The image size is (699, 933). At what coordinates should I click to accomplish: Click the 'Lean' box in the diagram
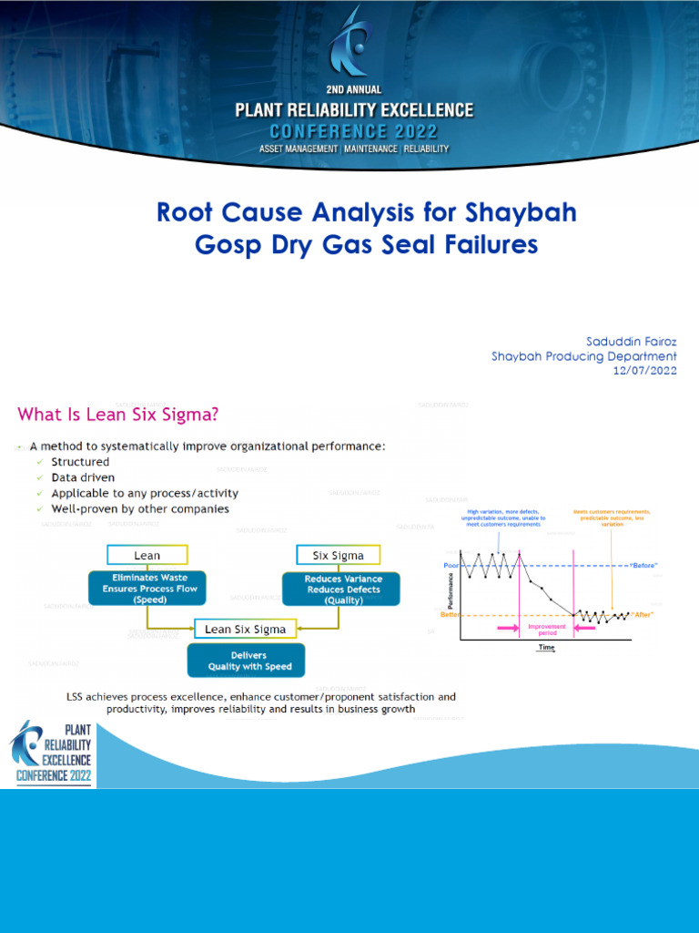(147, 555)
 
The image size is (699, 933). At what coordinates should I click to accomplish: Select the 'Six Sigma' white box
(338, 555)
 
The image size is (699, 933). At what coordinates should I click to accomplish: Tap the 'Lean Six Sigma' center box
(245, 629)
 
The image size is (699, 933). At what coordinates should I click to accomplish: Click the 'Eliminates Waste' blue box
(147, 589)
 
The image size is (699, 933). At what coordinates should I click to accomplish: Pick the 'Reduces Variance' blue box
(338, 590)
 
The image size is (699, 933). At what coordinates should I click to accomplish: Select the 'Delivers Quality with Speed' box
(245, 661)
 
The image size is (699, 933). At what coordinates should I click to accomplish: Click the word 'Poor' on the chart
(451, 565)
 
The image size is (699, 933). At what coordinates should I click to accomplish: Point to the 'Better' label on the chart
(450, 615)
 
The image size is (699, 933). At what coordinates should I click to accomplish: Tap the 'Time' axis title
(546, 648)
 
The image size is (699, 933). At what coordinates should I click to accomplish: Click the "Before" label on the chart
(643, 565)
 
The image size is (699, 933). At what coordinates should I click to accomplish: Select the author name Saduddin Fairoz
(632, 342)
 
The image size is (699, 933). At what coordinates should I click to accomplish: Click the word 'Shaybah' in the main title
(521, 213)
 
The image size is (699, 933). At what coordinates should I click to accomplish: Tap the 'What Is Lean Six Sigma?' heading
(118, 415)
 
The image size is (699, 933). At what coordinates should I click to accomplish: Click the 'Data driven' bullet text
(83, 477)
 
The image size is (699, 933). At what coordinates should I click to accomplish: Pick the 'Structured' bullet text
(80, 462)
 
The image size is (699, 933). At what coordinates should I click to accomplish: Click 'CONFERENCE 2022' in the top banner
(354, 130)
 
